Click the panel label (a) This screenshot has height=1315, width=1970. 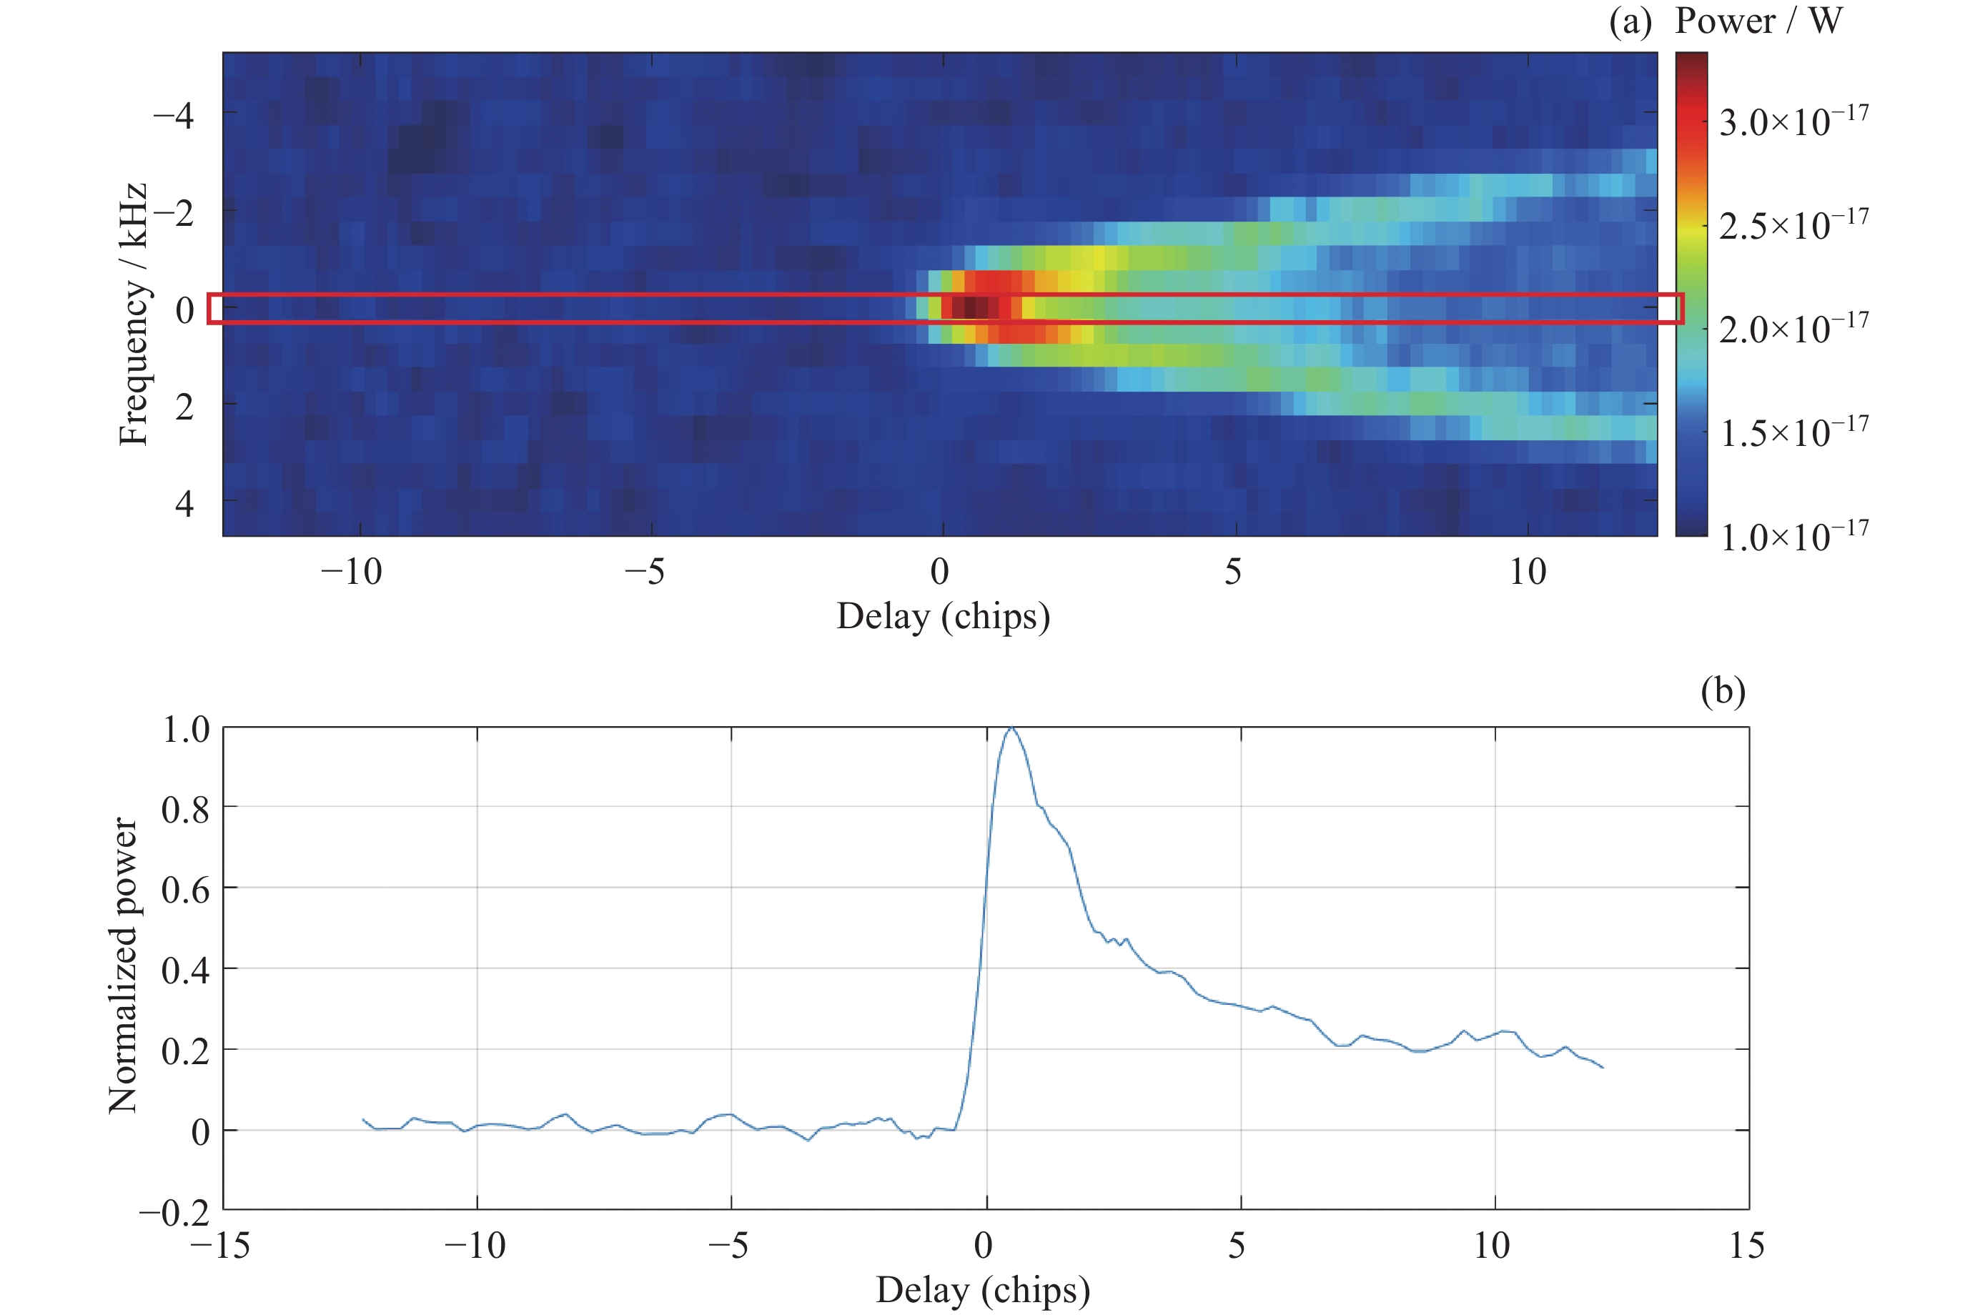[1630, 22]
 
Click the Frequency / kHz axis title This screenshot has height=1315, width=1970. [134, 314]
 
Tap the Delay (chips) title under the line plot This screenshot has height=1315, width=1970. [983, 1290]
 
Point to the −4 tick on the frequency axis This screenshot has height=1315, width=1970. [174, 114]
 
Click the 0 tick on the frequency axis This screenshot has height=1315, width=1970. [184, 310]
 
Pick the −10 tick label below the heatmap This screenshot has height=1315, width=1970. [352, 572]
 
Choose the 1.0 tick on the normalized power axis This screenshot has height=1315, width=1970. [185, 729]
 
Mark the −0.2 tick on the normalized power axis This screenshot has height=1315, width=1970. [174, 1212]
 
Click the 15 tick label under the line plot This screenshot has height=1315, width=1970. [1746, 1246]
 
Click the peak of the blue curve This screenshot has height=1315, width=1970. [1011, 729]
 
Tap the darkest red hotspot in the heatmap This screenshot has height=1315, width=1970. [970, 308]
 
